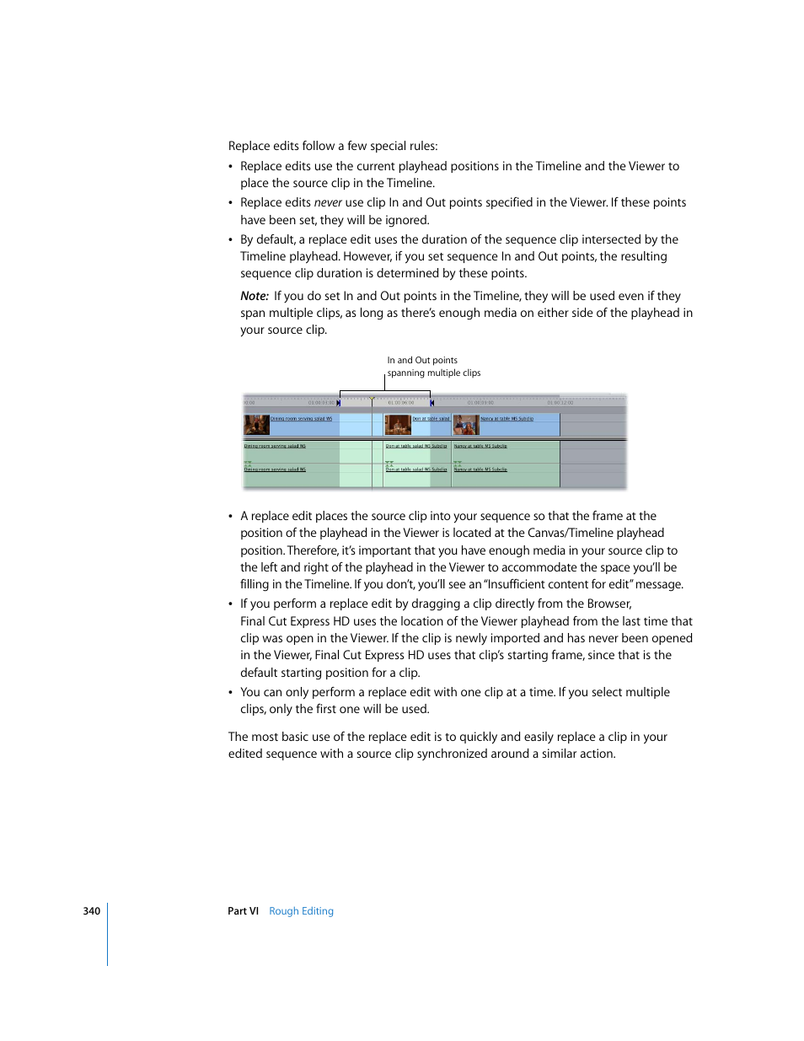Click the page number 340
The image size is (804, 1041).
(91, 911)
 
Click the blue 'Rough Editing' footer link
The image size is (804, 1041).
(301, 911)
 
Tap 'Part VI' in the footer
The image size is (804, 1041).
(243, 911)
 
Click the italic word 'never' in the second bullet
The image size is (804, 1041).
(328, 202)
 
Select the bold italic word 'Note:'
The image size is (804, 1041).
(255, 296)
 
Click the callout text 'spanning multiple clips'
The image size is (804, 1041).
(433, 373)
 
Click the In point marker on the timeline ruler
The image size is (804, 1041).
(339, 403)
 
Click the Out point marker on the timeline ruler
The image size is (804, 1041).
(431, 403)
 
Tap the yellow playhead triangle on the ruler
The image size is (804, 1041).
(372, 399)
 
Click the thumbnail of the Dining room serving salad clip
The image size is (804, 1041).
(256, 425)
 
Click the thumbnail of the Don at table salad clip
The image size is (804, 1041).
(398, 425)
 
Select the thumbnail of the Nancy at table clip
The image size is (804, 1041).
(465, 425)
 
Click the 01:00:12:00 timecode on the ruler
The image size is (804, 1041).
(560, 403)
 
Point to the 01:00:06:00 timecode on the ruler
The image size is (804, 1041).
(401, 403)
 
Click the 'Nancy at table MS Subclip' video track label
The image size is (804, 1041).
(507, 419)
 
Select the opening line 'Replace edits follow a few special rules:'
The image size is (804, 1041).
(333, 146)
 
